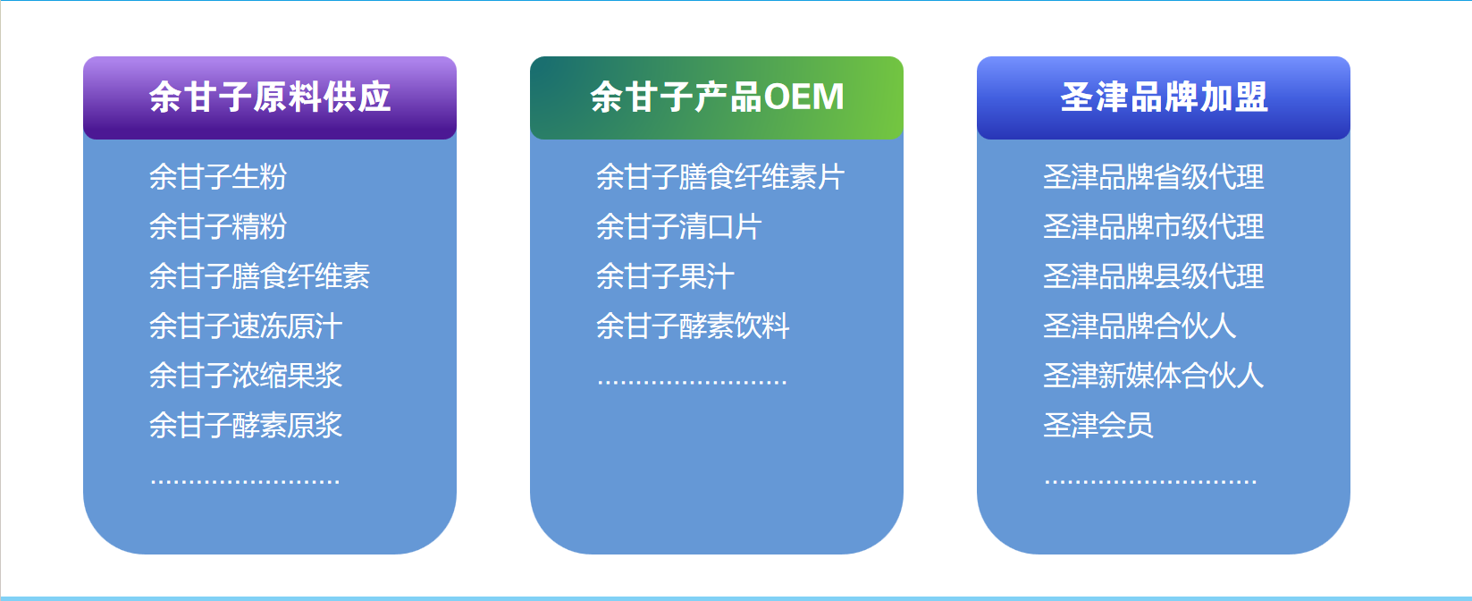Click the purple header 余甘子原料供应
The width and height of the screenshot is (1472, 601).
coord(270,97)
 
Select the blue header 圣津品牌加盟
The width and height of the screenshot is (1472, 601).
coord(1164,97)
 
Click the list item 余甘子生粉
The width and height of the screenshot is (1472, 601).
coord(218,177)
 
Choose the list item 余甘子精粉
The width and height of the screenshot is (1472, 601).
coord(218,227)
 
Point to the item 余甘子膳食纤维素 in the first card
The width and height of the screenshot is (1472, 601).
coord(259,276)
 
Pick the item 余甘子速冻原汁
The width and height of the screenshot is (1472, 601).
coord(246,326)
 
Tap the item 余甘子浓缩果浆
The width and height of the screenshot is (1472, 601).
coord(246,376)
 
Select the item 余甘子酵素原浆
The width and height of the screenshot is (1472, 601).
coord(246,426)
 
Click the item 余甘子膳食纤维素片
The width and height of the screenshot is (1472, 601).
coord(720,177)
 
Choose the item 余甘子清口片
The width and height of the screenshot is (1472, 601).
coord(678,227)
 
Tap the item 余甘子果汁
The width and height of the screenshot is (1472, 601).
coord(665,276)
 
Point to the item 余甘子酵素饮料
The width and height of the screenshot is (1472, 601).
coord(693,326)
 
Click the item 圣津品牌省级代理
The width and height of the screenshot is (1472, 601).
coord(1154,177)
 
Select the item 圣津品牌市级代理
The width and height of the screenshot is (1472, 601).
coord(1154,227)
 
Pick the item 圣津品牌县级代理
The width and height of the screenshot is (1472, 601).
coord(1154,276)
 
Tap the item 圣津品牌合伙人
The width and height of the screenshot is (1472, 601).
coord(1140,326)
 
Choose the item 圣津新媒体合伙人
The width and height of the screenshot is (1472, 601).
coord(1154,376)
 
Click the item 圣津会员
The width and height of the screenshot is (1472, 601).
coord(1098,426)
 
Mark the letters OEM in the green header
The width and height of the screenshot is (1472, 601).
coord(804,97)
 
